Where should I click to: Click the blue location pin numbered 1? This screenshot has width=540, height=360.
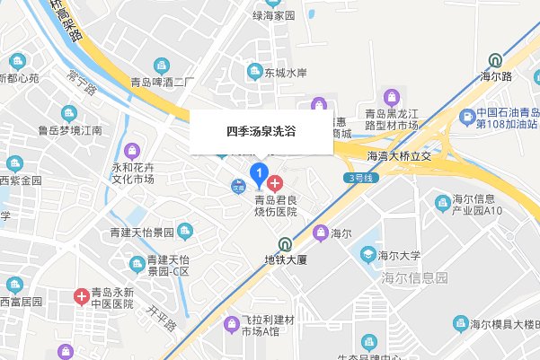pos(260,171)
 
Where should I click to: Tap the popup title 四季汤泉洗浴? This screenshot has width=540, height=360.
pos(261,131)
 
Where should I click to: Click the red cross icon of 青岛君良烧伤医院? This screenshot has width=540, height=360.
pos(275,171)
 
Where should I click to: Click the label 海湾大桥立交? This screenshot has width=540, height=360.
pos(400,156)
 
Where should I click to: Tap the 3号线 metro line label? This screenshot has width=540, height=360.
pos(358,177)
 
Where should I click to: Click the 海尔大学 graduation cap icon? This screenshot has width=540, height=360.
pos(368,255)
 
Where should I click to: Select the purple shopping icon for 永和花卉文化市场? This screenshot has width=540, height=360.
pos(134,149)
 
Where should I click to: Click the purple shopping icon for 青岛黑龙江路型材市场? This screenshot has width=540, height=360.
pos(391,95)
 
